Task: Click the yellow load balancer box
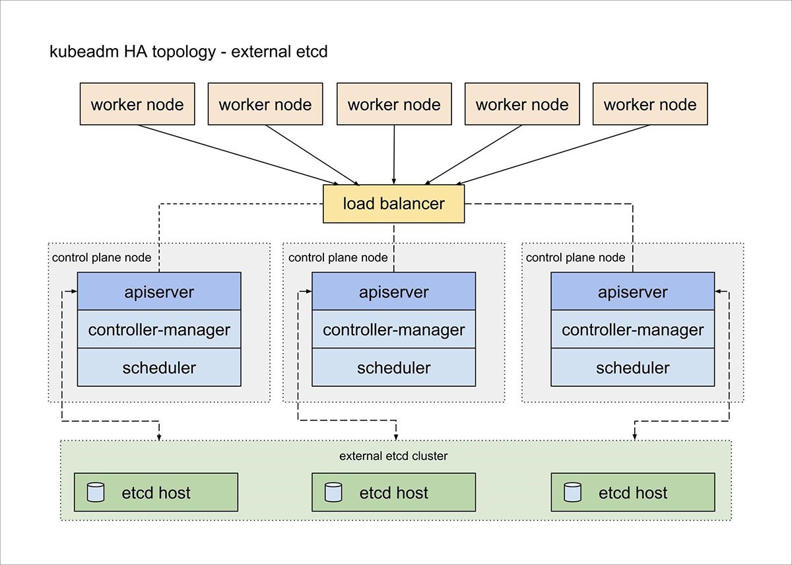393,204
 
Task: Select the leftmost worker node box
137,104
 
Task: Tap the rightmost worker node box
650,104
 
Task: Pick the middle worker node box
394,104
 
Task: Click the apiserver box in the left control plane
159,291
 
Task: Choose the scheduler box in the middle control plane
393,367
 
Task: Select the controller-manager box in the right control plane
632,329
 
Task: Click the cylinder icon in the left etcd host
96,492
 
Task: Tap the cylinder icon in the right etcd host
572,492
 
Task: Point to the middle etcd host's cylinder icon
333,492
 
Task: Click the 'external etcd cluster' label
393,456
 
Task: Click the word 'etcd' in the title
312,51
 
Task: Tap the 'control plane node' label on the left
102,257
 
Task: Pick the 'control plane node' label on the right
576,257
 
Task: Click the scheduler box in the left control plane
159,367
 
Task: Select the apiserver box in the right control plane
632,291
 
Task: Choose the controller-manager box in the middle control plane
393,329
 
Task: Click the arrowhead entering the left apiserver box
73,291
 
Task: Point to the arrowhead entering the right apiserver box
719,291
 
